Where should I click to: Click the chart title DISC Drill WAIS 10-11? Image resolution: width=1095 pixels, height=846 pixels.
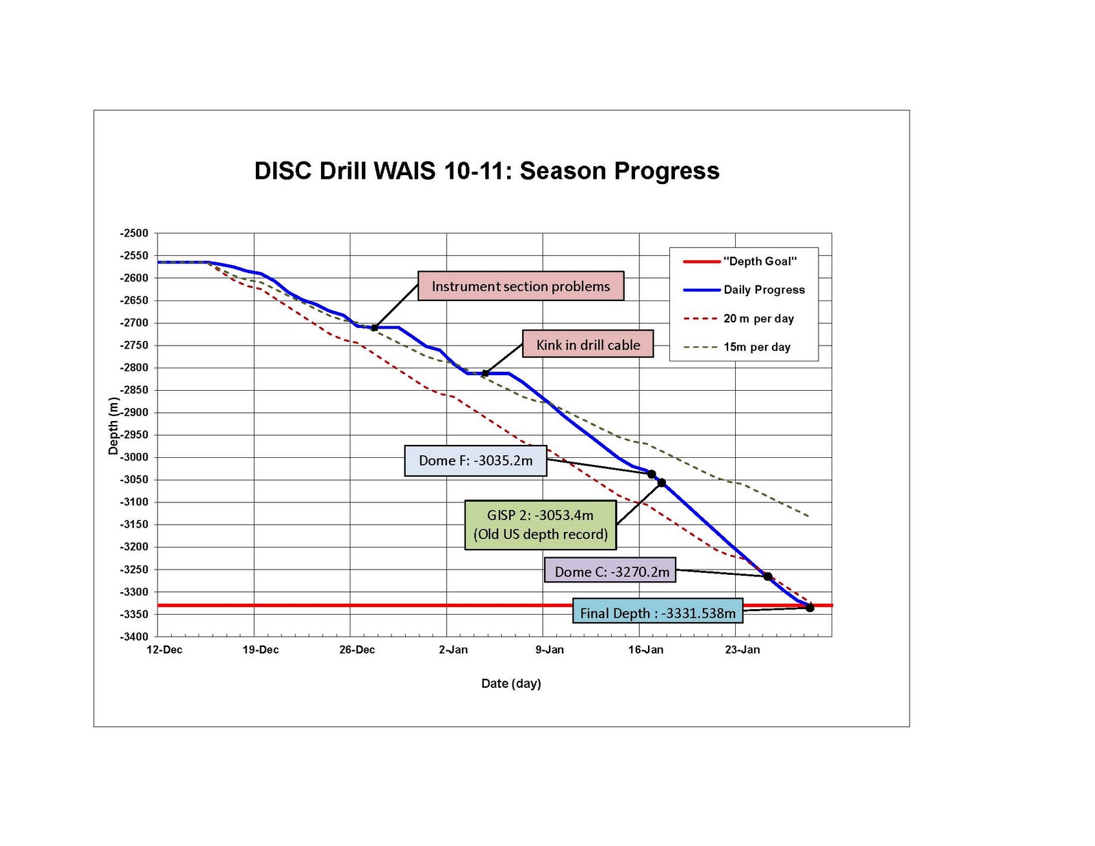487,171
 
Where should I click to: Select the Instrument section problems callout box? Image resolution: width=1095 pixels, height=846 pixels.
521,286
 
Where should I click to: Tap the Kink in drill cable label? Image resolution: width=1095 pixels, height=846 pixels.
588,344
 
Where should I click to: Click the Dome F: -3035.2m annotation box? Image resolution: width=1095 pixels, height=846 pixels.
476,461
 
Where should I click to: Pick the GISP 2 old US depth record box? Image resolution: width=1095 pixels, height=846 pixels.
541,525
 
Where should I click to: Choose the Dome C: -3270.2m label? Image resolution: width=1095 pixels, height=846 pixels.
610,571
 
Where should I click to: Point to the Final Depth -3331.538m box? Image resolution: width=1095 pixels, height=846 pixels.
658,613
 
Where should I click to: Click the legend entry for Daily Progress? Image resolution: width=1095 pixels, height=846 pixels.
764,290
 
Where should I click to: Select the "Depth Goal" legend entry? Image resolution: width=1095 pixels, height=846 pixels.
760,261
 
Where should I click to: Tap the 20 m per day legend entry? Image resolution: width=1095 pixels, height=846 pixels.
758,318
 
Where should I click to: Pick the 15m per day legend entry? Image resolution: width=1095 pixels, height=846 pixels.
757,347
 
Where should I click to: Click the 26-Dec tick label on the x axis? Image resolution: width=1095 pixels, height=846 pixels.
357,650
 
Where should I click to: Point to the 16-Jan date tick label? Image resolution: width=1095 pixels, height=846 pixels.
645,650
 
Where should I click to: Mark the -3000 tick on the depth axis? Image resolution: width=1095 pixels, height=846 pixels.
133,457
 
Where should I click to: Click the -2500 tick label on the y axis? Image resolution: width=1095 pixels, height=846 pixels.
133,233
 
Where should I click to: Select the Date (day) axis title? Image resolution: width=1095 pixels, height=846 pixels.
511,683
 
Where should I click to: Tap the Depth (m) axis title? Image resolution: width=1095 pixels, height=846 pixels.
114,426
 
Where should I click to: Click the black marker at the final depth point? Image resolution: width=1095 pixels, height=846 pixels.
810,607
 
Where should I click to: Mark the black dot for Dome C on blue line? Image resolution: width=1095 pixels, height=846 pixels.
768,576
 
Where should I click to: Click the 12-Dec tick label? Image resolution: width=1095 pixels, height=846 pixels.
164,650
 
